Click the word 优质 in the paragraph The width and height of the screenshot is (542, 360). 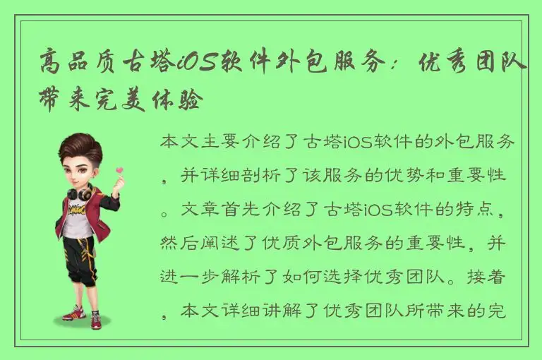(x=286, y=243)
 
